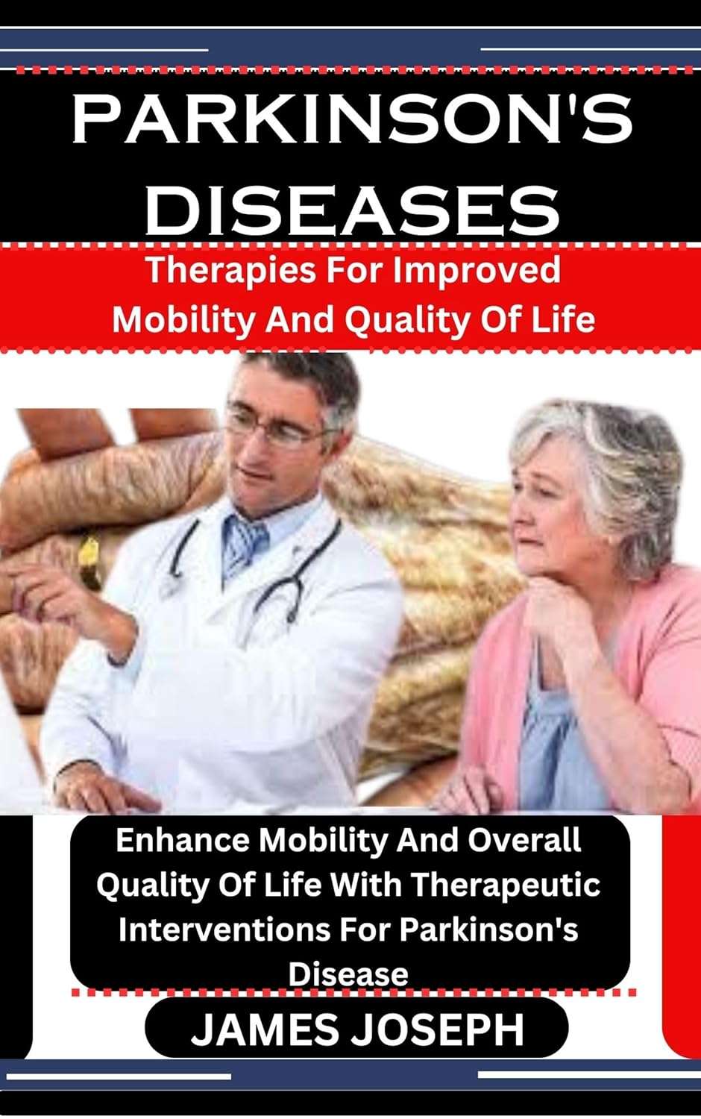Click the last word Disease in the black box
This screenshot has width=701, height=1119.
(x=349, y=974)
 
